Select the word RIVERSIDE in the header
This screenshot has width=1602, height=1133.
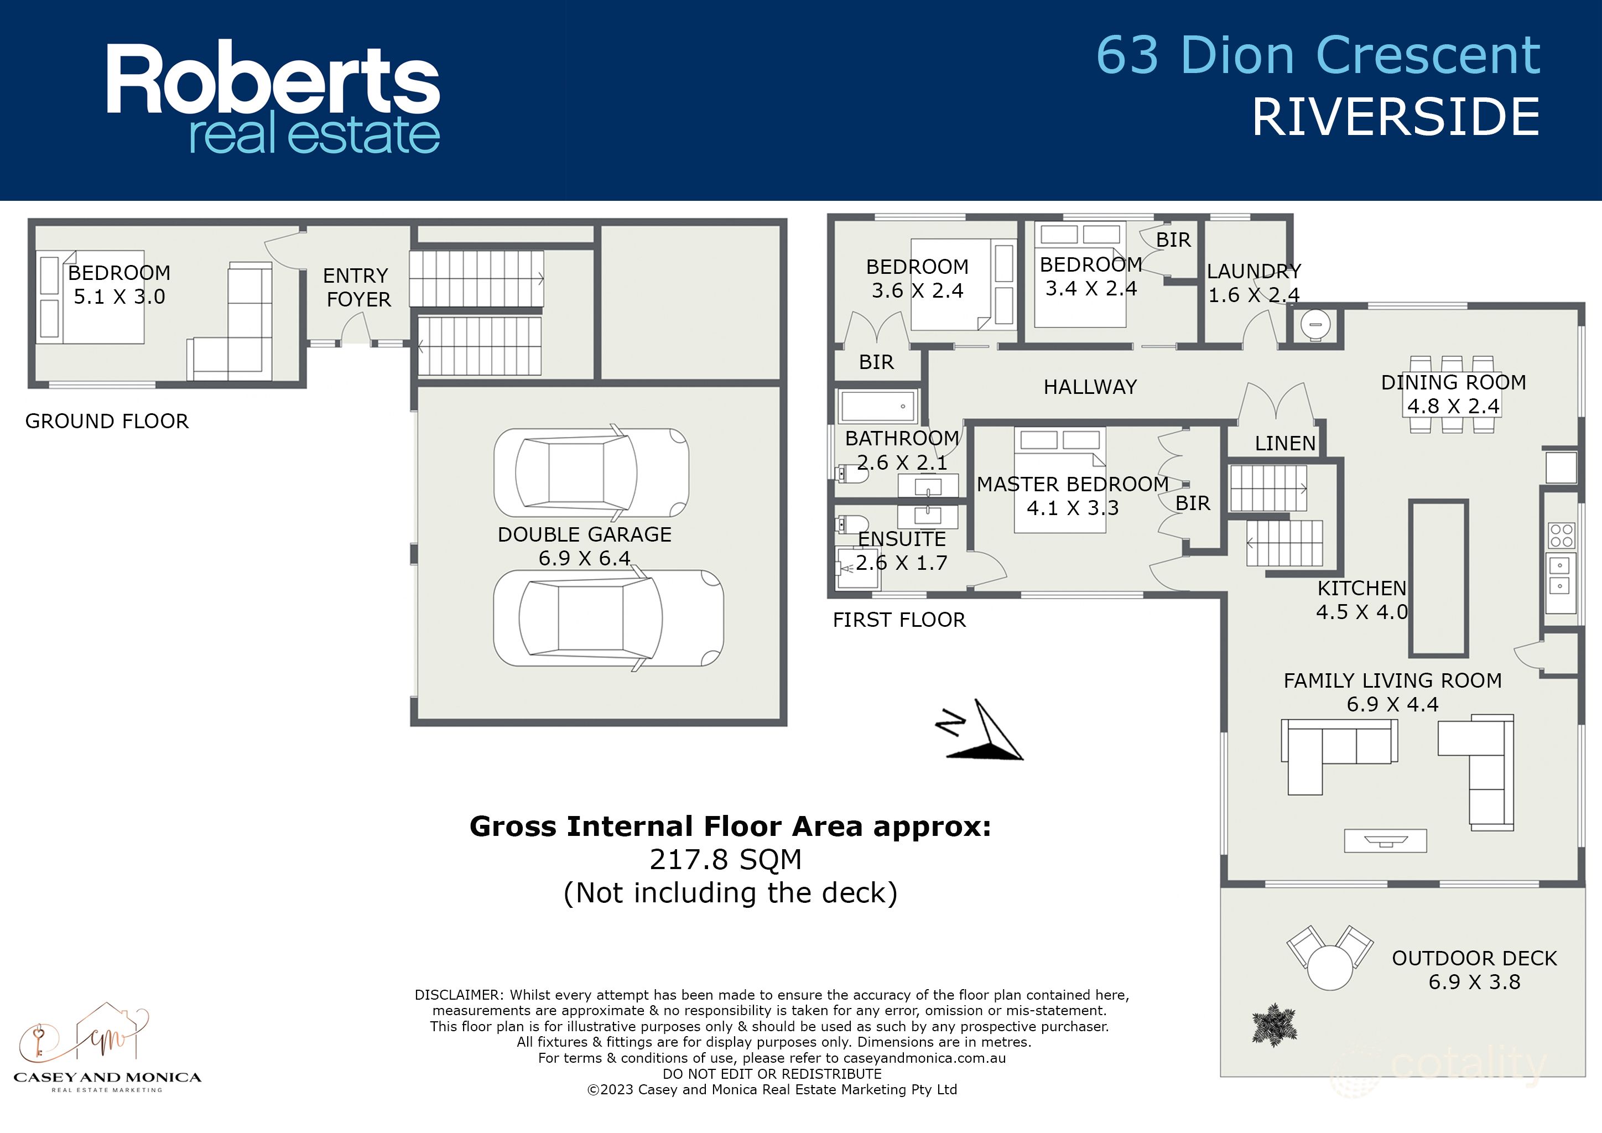1396,117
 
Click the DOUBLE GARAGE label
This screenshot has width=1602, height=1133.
584,534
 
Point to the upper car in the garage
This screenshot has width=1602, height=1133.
591,473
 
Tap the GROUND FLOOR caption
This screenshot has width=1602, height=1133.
107,422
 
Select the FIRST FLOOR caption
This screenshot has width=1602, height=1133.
899,620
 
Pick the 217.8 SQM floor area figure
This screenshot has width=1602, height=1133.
726,860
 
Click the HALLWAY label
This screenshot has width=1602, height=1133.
1090,387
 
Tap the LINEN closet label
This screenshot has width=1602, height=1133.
1284,443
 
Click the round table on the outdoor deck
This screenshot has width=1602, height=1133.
1330,967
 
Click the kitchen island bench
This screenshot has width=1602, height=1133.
1438,578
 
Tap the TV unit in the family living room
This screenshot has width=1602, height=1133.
1385,841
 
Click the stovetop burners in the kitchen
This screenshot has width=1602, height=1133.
1561,535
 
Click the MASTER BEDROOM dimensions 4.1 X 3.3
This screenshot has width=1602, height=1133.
1073,508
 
